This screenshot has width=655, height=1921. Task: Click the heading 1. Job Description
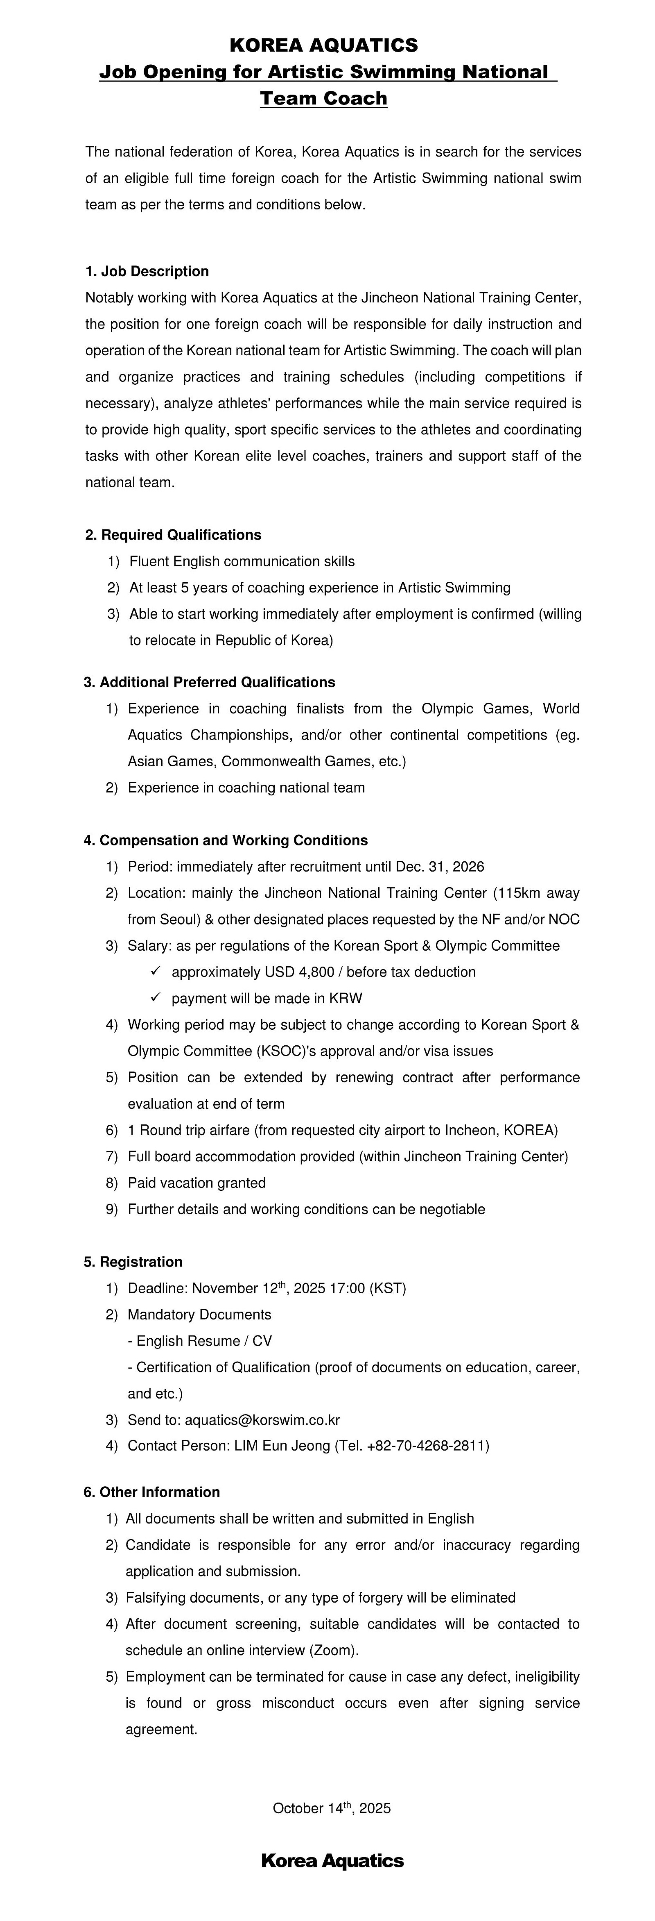coord(147,271)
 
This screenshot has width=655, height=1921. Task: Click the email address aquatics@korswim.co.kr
coord(262,1420)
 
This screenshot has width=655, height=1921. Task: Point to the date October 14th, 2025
coord(332,1808)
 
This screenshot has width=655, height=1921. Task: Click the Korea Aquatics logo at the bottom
coord(332,1861)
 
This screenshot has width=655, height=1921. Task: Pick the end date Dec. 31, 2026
coord(440,867)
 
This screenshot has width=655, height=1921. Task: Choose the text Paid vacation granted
coord(197,1183)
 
